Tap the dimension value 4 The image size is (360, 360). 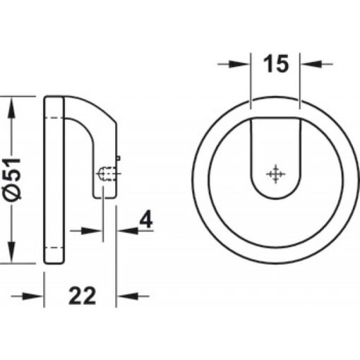tap(145, 221)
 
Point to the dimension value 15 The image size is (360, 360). tap(277, 65)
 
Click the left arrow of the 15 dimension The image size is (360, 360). tap(244, 64)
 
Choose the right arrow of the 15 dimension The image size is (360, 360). tap(311, 64)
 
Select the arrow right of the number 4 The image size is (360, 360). tap(125, 229)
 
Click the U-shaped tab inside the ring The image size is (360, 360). tap(276, 159)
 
